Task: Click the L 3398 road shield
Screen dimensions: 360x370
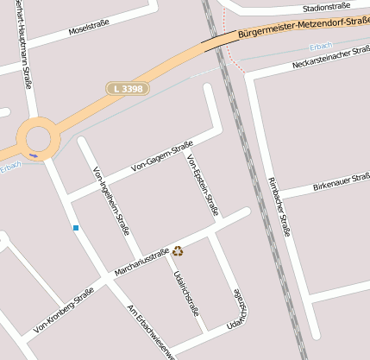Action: (128, 88)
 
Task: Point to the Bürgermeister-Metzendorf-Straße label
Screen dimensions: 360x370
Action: (302, 28)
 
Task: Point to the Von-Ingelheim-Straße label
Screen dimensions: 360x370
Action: (110, 201)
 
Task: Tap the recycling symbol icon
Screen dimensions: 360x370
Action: (178, 251)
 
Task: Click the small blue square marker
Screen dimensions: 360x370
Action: (76, 228)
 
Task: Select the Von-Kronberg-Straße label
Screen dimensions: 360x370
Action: (63, 311)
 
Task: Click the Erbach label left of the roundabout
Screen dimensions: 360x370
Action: (10, 166)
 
